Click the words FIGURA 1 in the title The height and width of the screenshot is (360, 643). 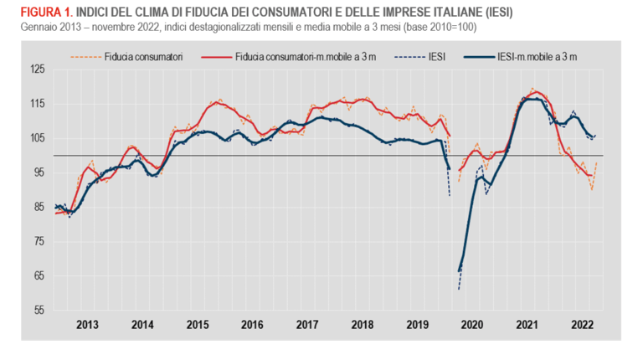tap(39, 13)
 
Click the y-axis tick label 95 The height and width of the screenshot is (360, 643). tap(37, 172)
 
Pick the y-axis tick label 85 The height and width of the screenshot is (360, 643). tap(37, 207)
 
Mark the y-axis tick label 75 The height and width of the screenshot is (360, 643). tap(37, 241)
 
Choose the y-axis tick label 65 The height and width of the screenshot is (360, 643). tap(37, 275)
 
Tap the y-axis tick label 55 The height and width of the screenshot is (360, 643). tap(37, 310)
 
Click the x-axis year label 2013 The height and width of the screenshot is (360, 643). tap(87, 325)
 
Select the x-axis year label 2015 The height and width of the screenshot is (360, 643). tap(198, 325)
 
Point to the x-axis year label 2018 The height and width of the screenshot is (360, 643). tap(363, 325)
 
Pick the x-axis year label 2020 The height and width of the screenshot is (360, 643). tap(473, 325)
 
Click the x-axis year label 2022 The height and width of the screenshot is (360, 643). tap(583, 325)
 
